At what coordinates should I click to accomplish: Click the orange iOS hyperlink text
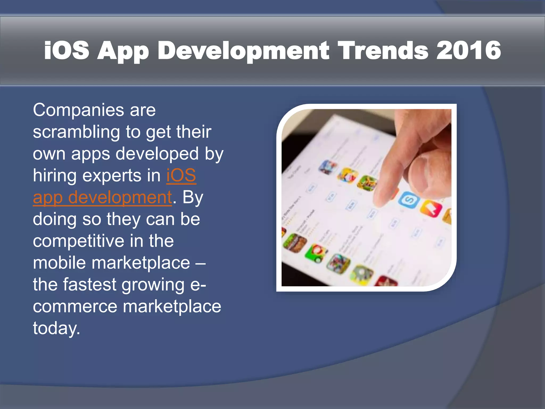181,176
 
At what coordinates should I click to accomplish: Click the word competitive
79,241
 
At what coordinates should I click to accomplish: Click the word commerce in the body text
75,306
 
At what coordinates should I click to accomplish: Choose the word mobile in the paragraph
59,263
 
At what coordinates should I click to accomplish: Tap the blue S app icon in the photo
409,200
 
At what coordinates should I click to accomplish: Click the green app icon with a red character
316,253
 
